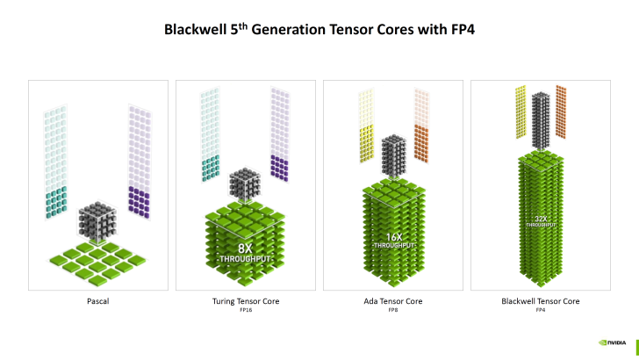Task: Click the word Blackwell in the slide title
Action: click(194, 32)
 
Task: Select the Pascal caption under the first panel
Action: click(97, 301)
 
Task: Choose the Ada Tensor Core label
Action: click(392, 301)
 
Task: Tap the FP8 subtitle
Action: click(392, 311)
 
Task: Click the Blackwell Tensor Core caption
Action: click(540, 301)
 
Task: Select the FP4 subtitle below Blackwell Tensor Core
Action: click(540, 311)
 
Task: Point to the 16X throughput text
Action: click(392, 240)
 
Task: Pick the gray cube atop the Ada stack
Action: click(392, 155)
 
